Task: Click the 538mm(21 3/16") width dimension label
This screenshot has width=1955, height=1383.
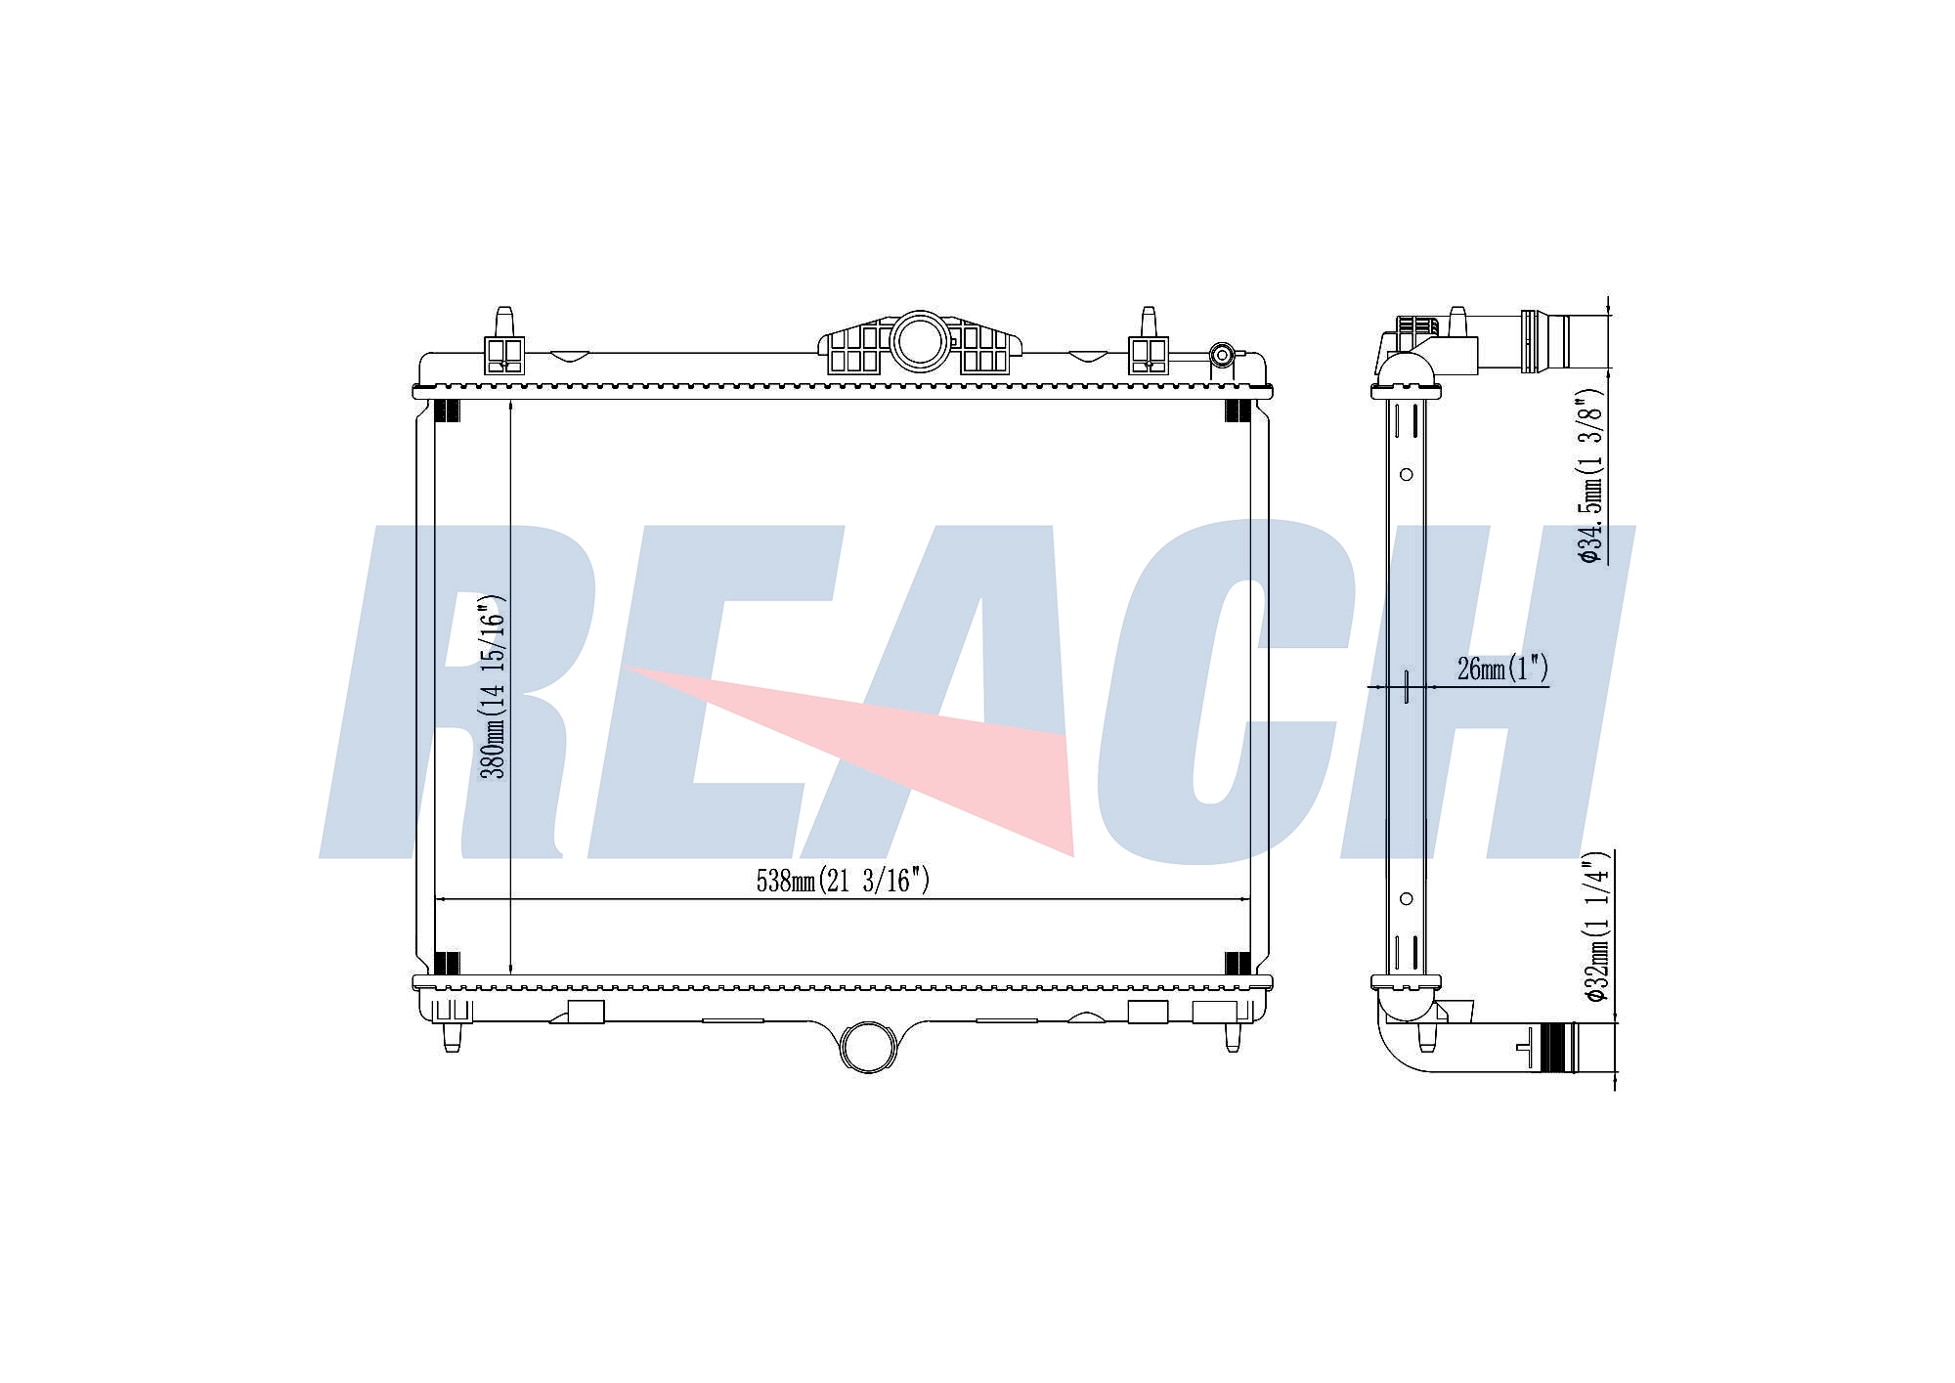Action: click(x=843, y=881)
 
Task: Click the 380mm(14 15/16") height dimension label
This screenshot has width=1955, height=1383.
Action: click(x=495, y=686)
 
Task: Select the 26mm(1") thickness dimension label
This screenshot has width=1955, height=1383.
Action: click(x=1502, y=669)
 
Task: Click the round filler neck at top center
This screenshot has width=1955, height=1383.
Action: click(x=920, y=340)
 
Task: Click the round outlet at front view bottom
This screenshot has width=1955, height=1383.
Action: click(x=869, y=1046)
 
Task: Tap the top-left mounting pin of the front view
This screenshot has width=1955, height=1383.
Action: click(x=504, y=323)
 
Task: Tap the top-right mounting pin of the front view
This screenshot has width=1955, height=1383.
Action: click(x=1149, y=323)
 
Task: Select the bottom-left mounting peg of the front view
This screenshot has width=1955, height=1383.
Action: click(x=452, y=1037)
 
